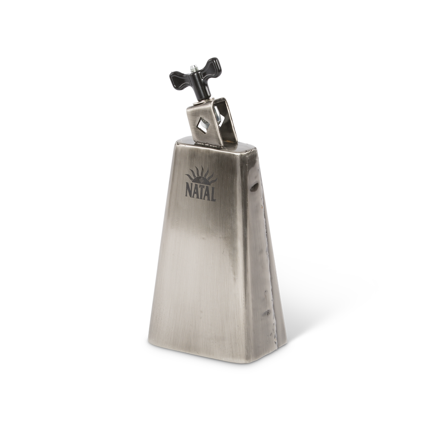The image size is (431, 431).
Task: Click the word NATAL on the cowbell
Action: click(x=200, y=193)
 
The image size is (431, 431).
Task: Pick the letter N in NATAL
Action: click(x=188, y=191)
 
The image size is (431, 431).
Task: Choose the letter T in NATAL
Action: click(x=200, y=193)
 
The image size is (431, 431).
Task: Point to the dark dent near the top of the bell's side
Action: click(x=256, y=186)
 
